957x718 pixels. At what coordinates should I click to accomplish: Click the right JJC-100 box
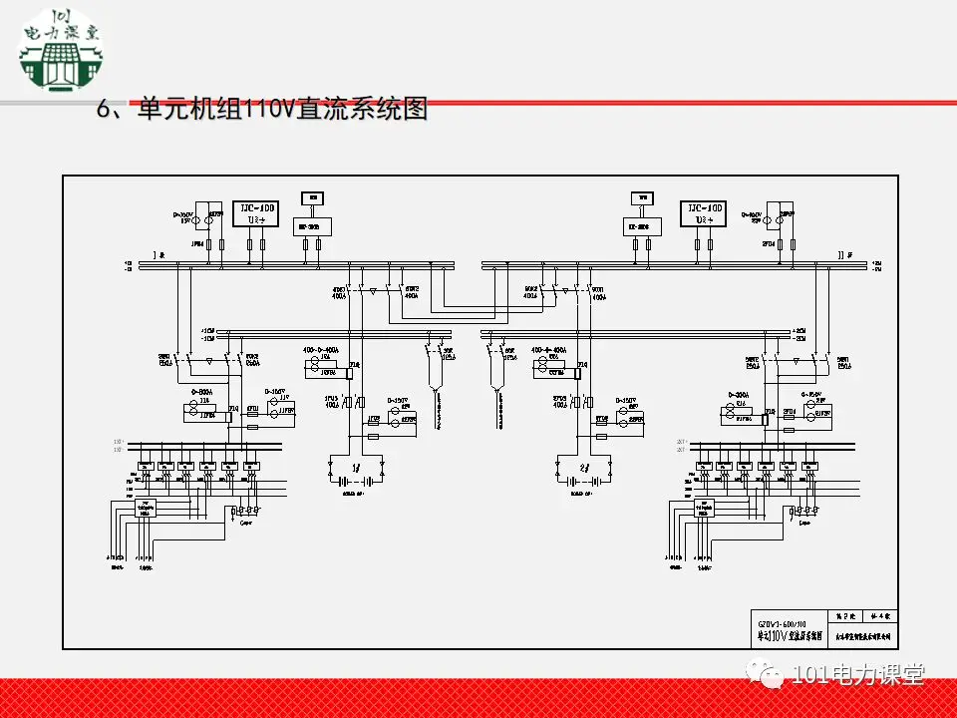click(704, 212)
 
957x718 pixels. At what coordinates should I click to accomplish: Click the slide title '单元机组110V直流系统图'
click(261, 110)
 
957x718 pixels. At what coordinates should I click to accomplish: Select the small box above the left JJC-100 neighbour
click(312, 197)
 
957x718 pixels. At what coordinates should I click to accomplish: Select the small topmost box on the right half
click(643, 197)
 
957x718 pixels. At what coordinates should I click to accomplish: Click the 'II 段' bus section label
click(847, 255)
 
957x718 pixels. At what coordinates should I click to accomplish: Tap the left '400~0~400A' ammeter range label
click(322, 351)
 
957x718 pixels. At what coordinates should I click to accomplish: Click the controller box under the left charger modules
click(146, 509)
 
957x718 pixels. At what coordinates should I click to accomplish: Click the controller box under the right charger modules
click(705, 509)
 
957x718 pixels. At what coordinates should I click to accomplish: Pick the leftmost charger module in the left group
click(146, 466)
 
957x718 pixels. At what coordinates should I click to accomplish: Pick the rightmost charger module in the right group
click(811, 466)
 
